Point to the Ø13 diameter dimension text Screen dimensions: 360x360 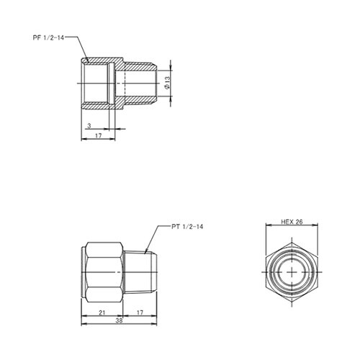point(167,83)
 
